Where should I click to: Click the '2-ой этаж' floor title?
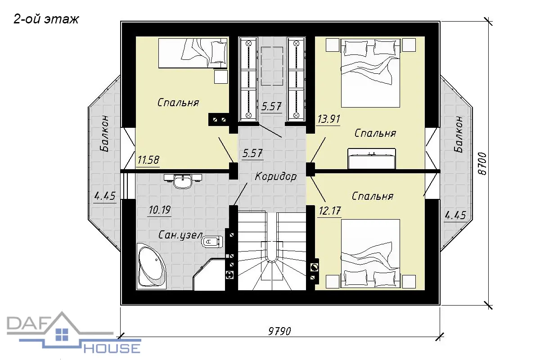coord(46,19)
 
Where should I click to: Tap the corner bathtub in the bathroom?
coord(151,266)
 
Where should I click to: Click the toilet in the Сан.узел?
coord(212,241)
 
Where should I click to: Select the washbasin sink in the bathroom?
coord(183,181)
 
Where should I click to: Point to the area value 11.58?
coord(148,160)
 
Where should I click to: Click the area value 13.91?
coord(328,119)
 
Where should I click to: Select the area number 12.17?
coord(330,211)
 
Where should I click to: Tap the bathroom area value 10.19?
coord(160,210)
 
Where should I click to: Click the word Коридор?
coord(275,176)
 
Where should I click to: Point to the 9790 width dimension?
coord(279,331)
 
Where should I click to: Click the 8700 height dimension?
coord(482,163)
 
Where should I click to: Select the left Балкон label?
coord(104,134)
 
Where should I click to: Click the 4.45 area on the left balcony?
coord(105,196)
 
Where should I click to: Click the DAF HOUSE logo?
coord(73,333)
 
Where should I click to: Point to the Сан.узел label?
coord(180,234)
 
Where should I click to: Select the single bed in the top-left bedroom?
coord(193,53)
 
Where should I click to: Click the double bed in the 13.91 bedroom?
coord(370,73)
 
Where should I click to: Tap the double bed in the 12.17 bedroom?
coord(370,253)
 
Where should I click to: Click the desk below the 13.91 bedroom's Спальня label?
coord(372,159)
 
